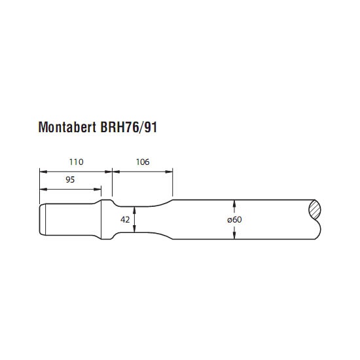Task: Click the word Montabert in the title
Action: (67, 127)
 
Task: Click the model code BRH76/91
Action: (129, 127)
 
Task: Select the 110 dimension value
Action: (76, 162)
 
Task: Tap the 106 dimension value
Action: (143, 162)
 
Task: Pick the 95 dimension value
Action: (70, 179)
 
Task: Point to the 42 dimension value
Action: (125, 220)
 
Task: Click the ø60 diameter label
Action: (234, 220)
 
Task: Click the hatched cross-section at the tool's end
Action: (315, 209)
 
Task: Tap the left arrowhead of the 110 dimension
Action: (43, 171)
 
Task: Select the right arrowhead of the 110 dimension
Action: (109, 171)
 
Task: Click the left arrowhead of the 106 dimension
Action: (116, 171)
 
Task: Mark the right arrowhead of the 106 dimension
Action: (169, 171)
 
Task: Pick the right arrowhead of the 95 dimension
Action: (98, 189)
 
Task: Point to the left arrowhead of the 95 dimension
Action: (43, 189)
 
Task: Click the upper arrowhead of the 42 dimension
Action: (134, 210)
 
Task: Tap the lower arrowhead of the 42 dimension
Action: (134, 228)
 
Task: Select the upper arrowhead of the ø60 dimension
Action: (234, 204)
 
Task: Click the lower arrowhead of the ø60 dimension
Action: (234, 236)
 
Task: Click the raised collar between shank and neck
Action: (106, 219)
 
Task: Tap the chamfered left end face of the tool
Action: (43, 219)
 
